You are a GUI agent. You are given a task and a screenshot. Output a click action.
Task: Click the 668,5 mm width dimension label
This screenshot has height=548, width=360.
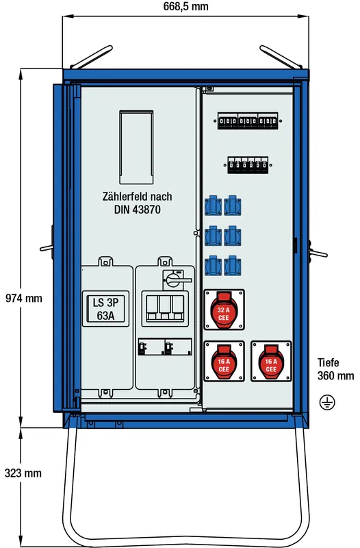pos(185,6)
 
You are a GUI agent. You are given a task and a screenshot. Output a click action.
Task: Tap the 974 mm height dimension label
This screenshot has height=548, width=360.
pos(24,298)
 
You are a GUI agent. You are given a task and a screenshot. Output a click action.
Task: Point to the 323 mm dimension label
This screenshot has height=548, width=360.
pos(23,473)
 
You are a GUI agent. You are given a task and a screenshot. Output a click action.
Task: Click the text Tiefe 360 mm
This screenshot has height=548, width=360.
pos(335,369)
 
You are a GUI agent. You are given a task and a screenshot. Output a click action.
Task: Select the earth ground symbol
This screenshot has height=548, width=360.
pos(327,402)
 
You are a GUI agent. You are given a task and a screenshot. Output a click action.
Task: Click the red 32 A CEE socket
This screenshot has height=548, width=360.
pos(224,310)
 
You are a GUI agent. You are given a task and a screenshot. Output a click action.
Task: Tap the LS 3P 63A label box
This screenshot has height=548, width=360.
pos(105,309)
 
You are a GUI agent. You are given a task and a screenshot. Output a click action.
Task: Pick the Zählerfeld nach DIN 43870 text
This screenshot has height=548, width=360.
pos(138,203)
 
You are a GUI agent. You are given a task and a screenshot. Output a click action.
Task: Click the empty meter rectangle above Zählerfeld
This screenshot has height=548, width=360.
pos(136,147)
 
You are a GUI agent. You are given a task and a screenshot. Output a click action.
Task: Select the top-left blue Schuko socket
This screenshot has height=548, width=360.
pos(213,206)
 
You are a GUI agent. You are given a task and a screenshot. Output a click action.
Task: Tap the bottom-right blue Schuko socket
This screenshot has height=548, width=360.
pos(233,266)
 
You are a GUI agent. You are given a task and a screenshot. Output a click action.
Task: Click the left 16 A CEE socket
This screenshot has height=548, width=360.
pos(224,362)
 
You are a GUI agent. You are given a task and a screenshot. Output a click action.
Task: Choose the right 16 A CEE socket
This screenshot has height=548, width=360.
pos(271,362)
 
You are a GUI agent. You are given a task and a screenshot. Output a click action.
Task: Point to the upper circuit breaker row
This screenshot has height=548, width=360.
pos(248,121)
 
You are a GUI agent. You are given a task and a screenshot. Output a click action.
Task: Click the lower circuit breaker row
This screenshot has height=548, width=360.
pos(248,165)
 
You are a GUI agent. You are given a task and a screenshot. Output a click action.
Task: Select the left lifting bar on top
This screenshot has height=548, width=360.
pos(91,57)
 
